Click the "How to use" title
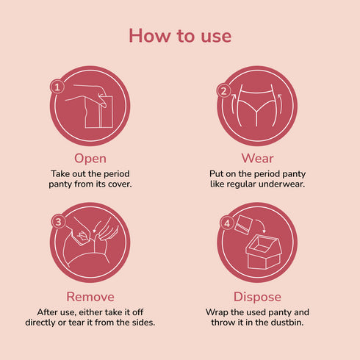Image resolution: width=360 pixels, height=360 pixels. [x=180, y=35]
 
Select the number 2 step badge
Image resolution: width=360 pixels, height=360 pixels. [x=224, y=91]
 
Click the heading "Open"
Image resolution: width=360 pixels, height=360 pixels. [x=90, y=158]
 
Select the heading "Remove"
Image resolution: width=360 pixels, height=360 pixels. [x=90, y=296]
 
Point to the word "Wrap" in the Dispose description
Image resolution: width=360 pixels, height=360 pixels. [x=217, y=312]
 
